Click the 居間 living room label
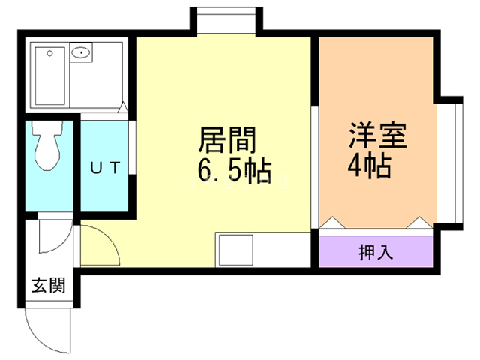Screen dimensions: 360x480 tap(227, 140)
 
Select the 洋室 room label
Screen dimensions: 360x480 tap(377, 137)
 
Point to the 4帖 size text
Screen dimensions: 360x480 tap(368, 166)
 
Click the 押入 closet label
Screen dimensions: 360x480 tap(375, 251)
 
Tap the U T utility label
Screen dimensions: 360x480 tap(105, 168)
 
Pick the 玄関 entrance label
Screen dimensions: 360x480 tap(48, 285)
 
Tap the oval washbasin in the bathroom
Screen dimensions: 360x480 tap(80, 53)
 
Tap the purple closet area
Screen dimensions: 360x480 tap(375, 251)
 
